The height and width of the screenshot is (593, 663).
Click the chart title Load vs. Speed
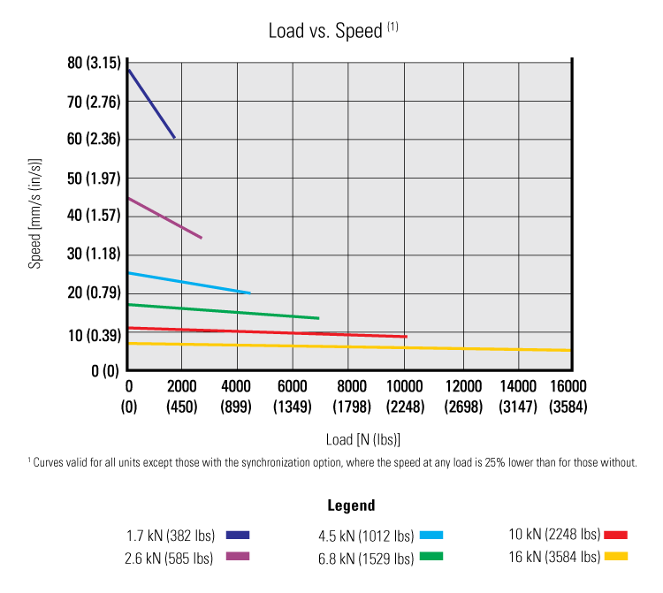click(324, 31)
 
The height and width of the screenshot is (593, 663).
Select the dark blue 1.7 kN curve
click(151, 103)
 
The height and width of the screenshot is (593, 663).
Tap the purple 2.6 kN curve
click(164, 218)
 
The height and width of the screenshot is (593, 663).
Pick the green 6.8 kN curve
click(223, 311)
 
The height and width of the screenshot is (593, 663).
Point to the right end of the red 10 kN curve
click(405, 336)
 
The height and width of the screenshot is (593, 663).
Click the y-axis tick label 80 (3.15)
click(92, 64)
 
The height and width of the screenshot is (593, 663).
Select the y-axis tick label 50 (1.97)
click(92, 179)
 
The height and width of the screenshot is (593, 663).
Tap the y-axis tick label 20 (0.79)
click(92, 293)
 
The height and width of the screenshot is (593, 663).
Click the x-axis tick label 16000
click(567, 386)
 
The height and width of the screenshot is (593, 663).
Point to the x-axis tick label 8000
click(351, 386)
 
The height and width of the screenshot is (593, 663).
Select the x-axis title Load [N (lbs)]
click(363, 439)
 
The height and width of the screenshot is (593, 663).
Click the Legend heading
click(351, 506)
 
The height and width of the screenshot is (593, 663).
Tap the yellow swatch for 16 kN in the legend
click(615, 557)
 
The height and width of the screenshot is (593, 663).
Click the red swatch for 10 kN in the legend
click(615, 535)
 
